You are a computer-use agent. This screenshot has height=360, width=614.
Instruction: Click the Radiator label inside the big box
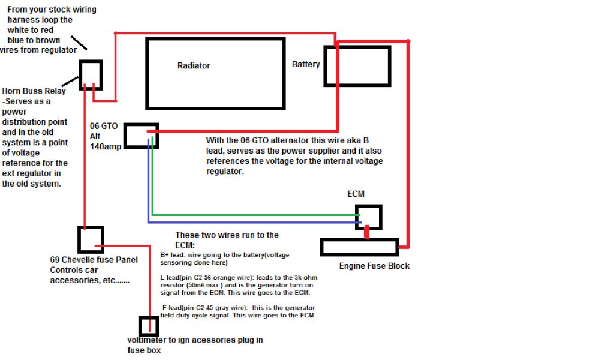click(194, 65)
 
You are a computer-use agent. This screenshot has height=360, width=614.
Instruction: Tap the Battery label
click(306, 64)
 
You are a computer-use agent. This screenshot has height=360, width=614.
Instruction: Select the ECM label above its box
click(356, 194)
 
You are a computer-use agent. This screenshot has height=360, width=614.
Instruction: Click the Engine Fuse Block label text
click(375, 266)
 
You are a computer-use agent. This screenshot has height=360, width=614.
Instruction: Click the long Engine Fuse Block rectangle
click(359, 247)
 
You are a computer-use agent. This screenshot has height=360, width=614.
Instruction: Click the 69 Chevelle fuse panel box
click(91, 239)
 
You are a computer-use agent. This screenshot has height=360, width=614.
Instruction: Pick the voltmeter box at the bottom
click(148, 326)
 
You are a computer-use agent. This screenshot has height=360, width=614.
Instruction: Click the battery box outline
click(357, 66)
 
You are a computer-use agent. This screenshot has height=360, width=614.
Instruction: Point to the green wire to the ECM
click(252, 214)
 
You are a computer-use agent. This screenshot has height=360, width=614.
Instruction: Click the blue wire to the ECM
click(252, 223)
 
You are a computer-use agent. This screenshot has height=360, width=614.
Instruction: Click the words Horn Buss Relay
click(34, 91)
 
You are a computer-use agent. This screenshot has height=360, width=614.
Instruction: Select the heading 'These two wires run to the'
click(227, 235)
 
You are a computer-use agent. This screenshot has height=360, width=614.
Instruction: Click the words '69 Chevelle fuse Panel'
click(94, 260)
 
